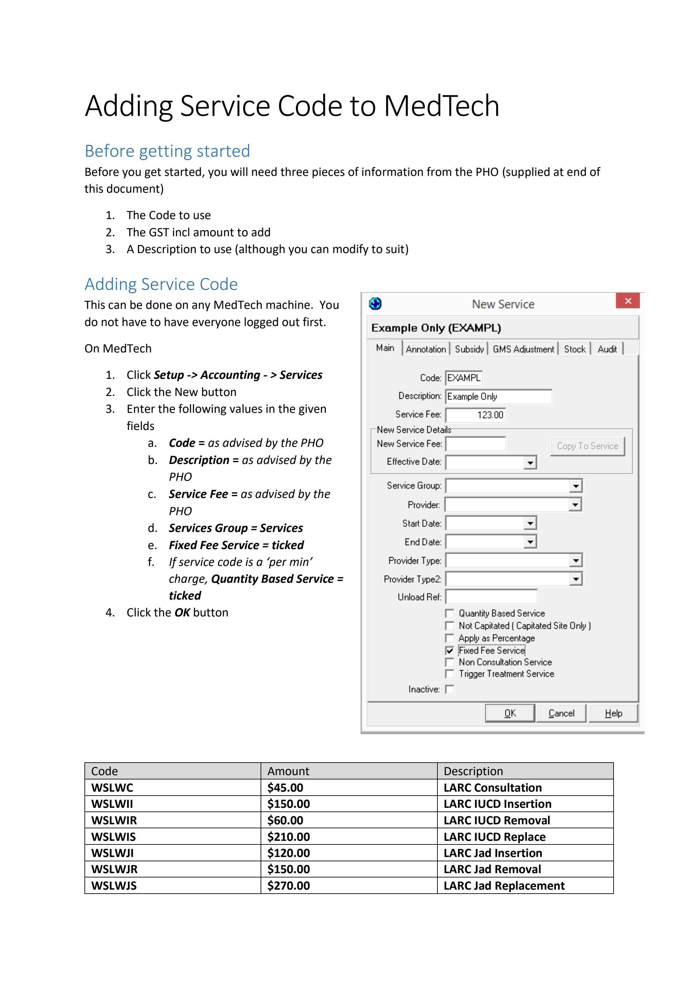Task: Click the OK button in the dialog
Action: (x=510, y=713)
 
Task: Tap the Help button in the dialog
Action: (x=613, y=713)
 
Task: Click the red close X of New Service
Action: (x=627, y=301)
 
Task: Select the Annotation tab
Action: (x=426, y=349)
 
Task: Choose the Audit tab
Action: (x=607, y=349)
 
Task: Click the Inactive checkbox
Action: (x=449, y=689)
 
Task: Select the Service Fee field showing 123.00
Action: (x=475, y=415)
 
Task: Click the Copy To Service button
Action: (x=587, y=446)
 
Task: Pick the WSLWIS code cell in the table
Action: (x=113, y=837)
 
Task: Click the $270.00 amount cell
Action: (x=289, y=886)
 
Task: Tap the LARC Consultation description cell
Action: (x=492, y=787)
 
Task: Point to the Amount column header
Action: (x=288, y=771)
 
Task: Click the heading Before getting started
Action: (x=167, y=151)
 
